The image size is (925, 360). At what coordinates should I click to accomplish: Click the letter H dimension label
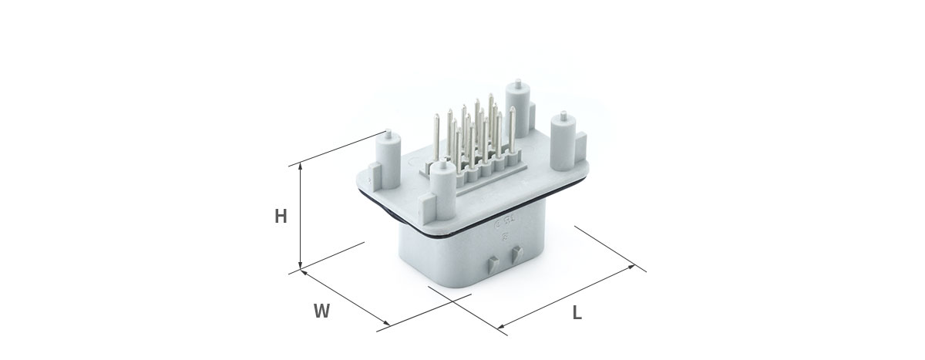pyautogui.click(x=281, y=217)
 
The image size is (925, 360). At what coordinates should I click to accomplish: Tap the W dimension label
pyautogui.click(x=321, y=311)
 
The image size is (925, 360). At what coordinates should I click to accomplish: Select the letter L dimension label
pyautogui.click(x=577, y=313)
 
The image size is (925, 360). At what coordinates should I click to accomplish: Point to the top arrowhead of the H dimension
pyautogui.click(x=300, y=166)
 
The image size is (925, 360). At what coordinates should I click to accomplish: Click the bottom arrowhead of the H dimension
pyautogui.click(x=300, y=267)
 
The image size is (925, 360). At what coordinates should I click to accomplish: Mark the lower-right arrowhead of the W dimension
pyautogui.click(x=386, y=323)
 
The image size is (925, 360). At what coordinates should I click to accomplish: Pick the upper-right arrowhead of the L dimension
pyautogui.click(x=631, y=267)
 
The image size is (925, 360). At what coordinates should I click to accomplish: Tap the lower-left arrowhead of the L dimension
pyautogui.click(x=501, y=327)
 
